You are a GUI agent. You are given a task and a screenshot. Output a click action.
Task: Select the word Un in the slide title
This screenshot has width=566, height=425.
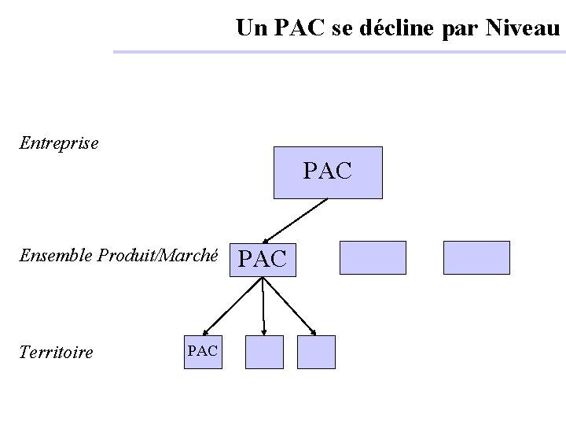[x=252, y=29]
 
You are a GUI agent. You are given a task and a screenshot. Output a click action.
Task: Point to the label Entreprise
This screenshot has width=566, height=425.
[x=60, y=143]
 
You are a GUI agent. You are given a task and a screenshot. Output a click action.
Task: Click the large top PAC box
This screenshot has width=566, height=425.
[x=328, y=172]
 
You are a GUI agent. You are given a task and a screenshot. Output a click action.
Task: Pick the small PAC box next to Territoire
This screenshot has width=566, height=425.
[x=203, y=351]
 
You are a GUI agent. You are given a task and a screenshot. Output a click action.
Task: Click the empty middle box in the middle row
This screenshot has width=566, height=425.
[x=373, y=257]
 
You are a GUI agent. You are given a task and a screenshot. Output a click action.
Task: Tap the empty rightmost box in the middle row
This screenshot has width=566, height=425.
[x=476, y=257]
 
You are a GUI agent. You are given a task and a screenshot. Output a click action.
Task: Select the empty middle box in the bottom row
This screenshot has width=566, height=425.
[x=264, y=352]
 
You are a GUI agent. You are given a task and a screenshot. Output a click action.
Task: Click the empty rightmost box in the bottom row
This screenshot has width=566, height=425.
[x=317, y=352]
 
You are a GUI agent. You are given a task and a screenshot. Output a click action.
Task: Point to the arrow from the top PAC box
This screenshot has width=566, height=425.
[x=295, y=220]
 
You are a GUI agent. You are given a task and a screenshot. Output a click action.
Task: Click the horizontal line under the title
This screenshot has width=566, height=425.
[x=338, y=52]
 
